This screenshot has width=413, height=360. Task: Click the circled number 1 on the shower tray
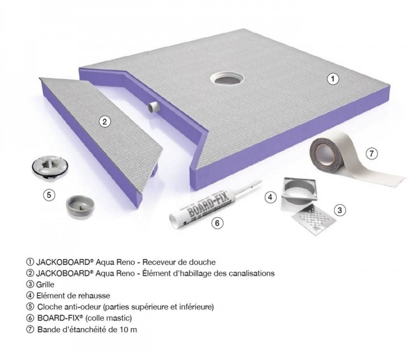coord(333,79)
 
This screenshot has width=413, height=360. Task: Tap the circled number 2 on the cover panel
coord(105,122)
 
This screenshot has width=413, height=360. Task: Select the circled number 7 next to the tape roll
coord(372,153)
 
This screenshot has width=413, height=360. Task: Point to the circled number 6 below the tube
coord(217,223)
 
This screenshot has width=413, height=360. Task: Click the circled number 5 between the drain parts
coord(49,195)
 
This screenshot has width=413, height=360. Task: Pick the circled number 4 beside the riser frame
coord(270,197)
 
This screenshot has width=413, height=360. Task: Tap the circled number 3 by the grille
coord(340,210)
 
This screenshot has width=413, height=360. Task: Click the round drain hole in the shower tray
coord(227,79)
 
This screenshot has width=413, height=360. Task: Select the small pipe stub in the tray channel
coord(153,108)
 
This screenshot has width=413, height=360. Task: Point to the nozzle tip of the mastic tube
coord(260,181)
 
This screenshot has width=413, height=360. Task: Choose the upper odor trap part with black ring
coord(50,167)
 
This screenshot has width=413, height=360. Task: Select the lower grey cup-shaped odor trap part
coord(80,206)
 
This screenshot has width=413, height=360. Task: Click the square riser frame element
coord(300,194)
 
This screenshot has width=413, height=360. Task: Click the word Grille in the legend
coord(45,285)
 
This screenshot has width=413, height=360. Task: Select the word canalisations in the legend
coord(251,273)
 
